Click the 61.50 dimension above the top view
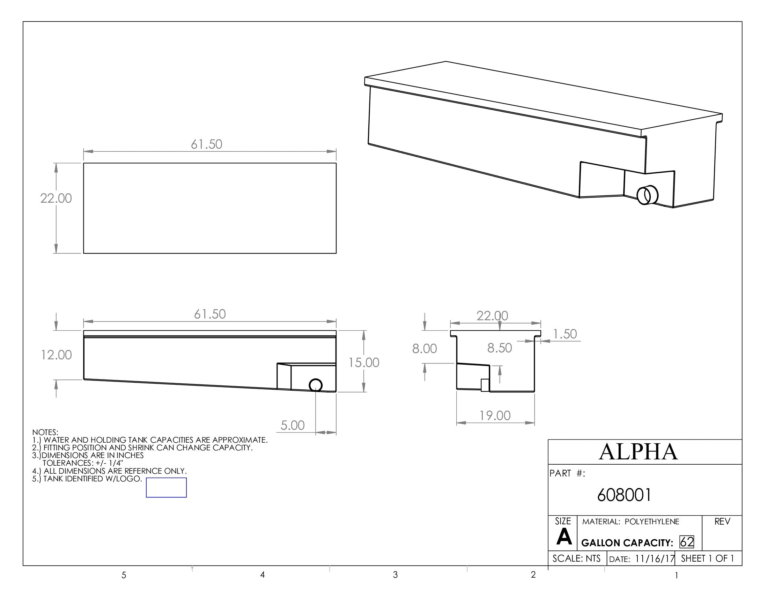[206, 144]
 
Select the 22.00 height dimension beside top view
[56, 198]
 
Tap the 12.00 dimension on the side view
[56, 355]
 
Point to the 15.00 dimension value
[364, 362]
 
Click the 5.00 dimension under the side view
[292, 426]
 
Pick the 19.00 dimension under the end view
[495, 415]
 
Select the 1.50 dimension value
[565, 334]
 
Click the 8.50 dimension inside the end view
[499, 348]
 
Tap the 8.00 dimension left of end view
[424, 348]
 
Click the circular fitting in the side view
[316, 385]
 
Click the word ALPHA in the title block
[638, 452]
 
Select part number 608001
[624, 495]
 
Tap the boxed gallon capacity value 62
[687, 542]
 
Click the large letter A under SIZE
[564, 537]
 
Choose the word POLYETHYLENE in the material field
[652, 522]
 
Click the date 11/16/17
[655, 558]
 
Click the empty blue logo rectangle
[166, 487]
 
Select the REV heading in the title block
[722, 522]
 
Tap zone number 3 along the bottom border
[395, 575]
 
